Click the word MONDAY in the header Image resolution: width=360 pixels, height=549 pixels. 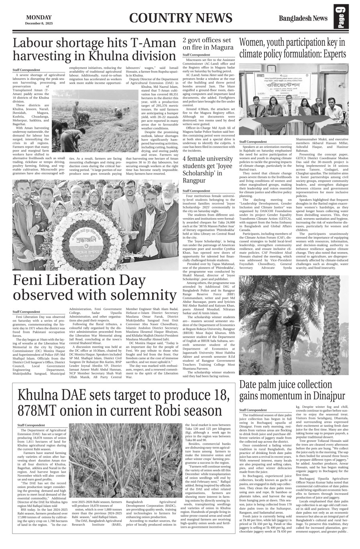pyautogui.click(x=39, y=17)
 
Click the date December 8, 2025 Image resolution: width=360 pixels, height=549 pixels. pyautogui.click(x=39, y=23)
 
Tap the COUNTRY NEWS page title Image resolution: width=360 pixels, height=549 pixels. pyautogui.click(x=181, y=18)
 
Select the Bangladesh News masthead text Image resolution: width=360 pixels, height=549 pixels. pyautogui.click(x=303, y=18)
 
